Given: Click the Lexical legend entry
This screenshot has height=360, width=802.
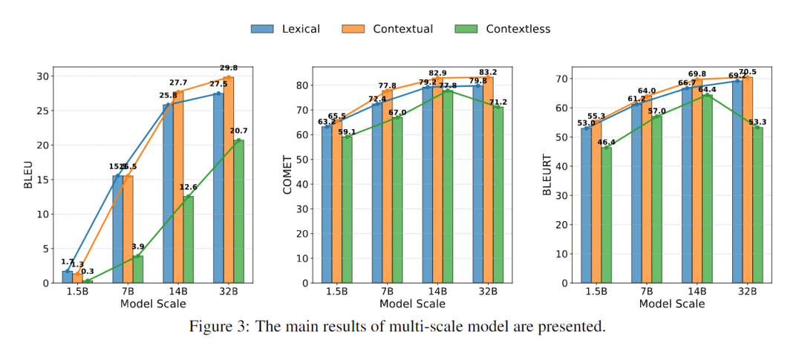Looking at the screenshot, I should [x=285, y=29].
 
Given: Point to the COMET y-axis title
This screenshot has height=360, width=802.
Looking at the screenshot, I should [x=287, y=175].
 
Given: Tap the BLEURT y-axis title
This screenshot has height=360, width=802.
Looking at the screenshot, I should [x=547, y=175].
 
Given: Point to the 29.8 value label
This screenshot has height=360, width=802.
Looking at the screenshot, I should [x=229, y=68].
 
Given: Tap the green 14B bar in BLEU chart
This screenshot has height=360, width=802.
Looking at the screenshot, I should [x=189, y=239].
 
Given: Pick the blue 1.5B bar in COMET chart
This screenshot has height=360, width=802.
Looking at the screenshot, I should [x=327, y=204].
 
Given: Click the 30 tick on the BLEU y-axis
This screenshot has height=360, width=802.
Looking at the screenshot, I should [x=43, y=76].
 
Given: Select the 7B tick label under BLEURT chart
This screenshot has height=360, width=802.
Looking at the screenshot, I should [x=646, y=290].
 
